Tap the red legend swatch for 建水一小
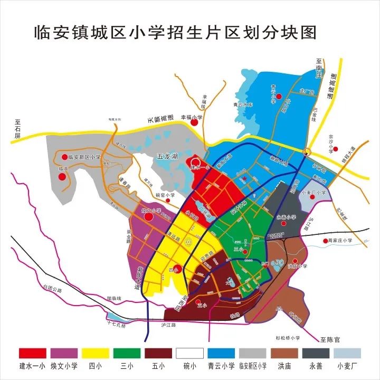33,354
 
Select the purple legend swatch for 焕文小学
64,354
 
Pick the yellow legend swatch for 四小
96,354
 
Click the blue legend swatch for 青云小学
221,354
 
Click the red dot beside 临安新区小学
65,157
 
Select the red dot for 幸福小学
194,122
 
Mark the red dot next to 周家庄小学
325,242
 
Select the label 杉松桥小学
288,338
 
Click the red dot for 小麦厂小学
312,197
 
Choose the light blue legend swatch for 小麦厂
347,354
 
